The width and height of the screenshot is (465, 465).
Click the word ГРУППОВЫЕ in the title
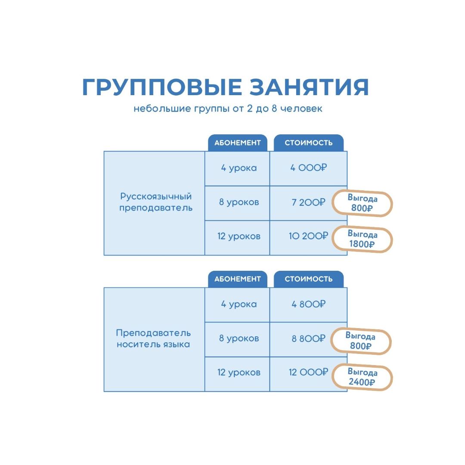[162, 87]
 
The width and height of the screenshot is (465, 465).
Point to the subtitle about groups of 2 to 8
[228, 108]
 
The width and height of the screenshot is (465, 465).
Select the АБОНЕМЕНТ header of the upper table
[238, 143]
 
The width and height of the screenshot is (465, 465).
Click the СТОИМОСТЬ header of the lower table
[308, 279]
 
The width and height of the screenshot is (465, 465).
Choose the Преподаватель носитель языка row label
[153, 338]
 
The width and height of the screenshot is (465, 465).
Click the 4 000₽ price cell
[308, 168]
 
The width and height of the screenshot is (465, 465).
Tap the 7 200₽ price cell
[308, 202]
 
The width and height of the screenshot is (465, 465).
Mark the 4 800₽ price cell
[308, 304]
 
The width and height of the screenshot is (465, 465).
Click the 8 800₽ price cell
[308, 339]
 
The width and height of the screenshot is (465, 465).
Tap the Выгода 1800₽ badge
[362, 239]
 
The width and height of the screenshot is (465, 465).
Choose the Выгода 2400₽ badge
[362, 377]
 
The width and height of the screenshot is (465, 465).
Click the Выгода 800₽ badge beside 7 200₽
[362, 203]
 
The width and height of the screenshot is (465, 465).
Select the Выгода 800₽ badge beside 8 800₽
[361, 341]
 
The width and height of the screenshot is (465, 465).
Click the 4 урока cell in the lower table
[237, 304]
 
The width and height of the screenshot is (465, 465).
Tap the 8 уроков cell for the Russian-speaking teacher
[237, 202]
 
